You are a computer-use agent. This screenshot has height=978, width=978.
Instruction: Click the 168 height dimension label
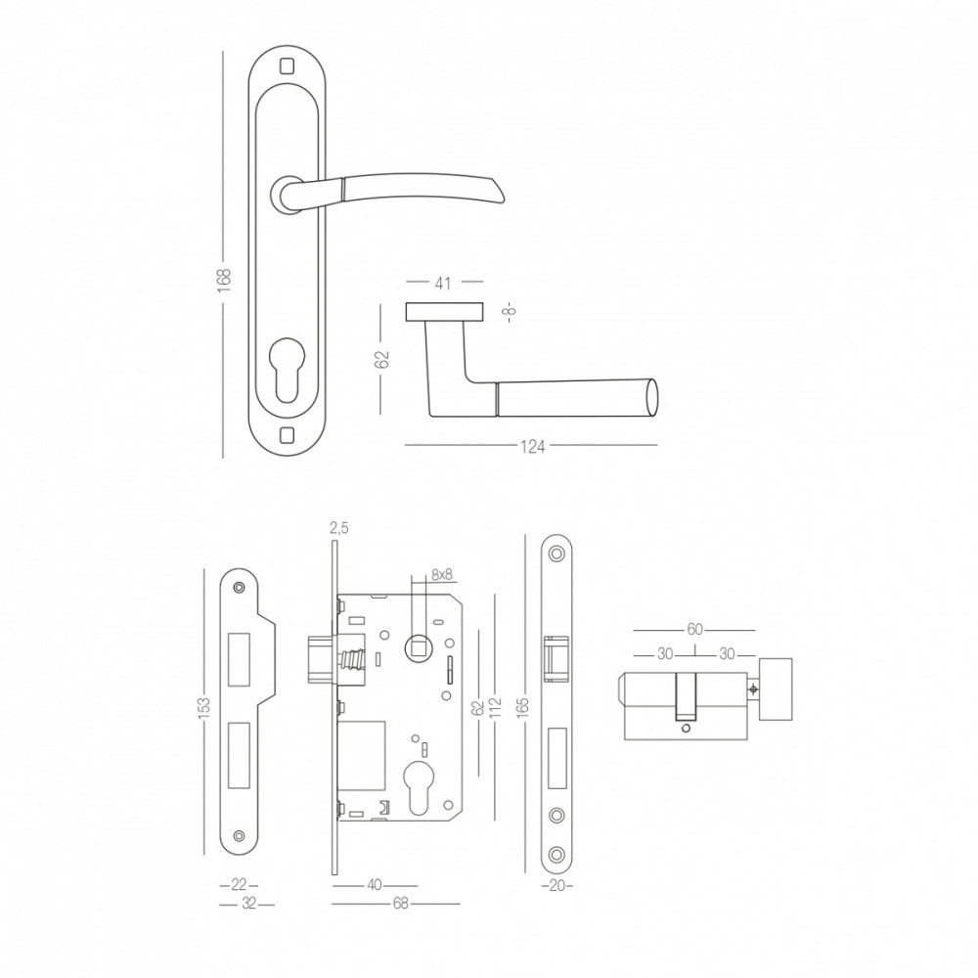225,277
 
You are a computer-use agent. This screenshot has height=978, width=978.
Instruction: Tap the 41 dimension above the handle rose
442,284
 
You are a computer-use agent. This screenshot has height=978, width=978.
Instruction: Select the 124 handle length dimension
533,447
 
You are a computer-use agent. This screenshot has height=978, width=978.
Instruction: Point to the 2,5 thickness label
338,528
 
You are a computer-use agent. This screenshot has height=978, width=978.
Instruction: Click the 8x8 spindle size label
442,575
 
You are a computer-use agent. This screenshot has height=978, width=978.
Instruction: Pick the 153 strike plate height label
204,708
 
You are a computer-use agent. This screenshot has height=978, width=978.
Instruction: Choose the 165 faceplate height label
522,708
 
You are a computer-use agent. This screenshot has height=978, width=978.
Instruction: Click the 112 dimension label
496,708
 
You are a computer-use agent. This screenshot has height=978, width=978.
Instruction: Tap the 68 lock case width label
400,903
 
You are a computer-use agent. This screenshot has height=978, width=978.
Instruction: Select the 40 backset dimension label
375,886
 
